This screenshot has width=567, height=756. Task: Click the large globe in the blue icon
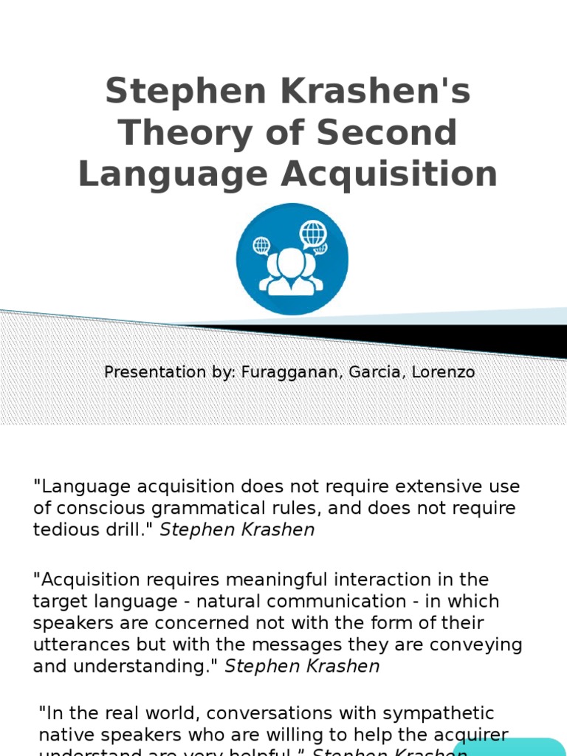pos(313,234)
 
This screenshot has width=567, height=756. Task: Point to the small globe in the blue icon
pos(261,245)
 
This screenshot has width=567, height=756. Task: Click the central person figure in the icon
pos(291,274)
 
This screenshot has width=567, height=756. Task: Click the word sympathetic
pos(429,713)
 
